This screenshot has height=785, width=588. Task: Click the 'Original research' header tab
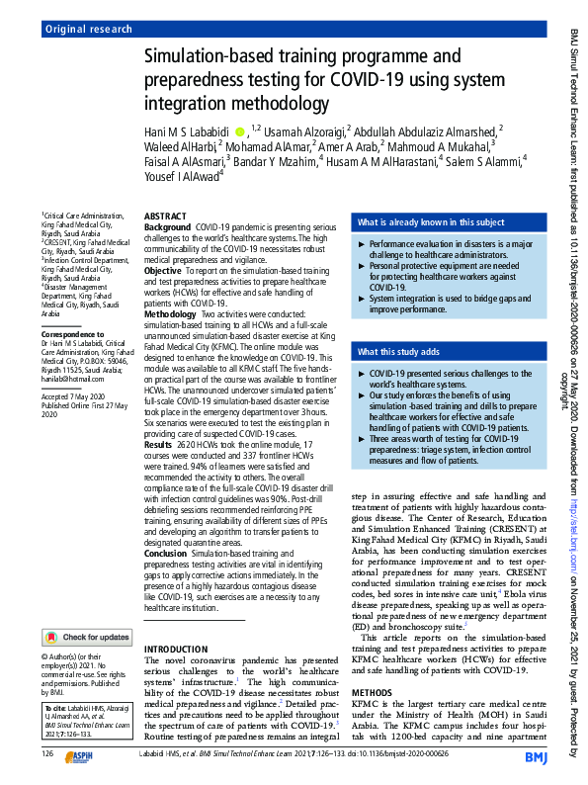point(88,30)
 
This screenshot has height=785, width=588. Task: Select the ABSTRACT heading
point(164,216)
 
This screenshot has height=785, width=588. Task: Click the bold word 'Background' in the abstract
point(168,227)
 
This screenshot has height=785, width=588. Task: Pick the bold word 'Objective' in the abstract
point(163,270)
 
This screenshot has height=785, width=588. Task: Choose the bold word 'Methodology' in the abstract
point(171,312)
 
